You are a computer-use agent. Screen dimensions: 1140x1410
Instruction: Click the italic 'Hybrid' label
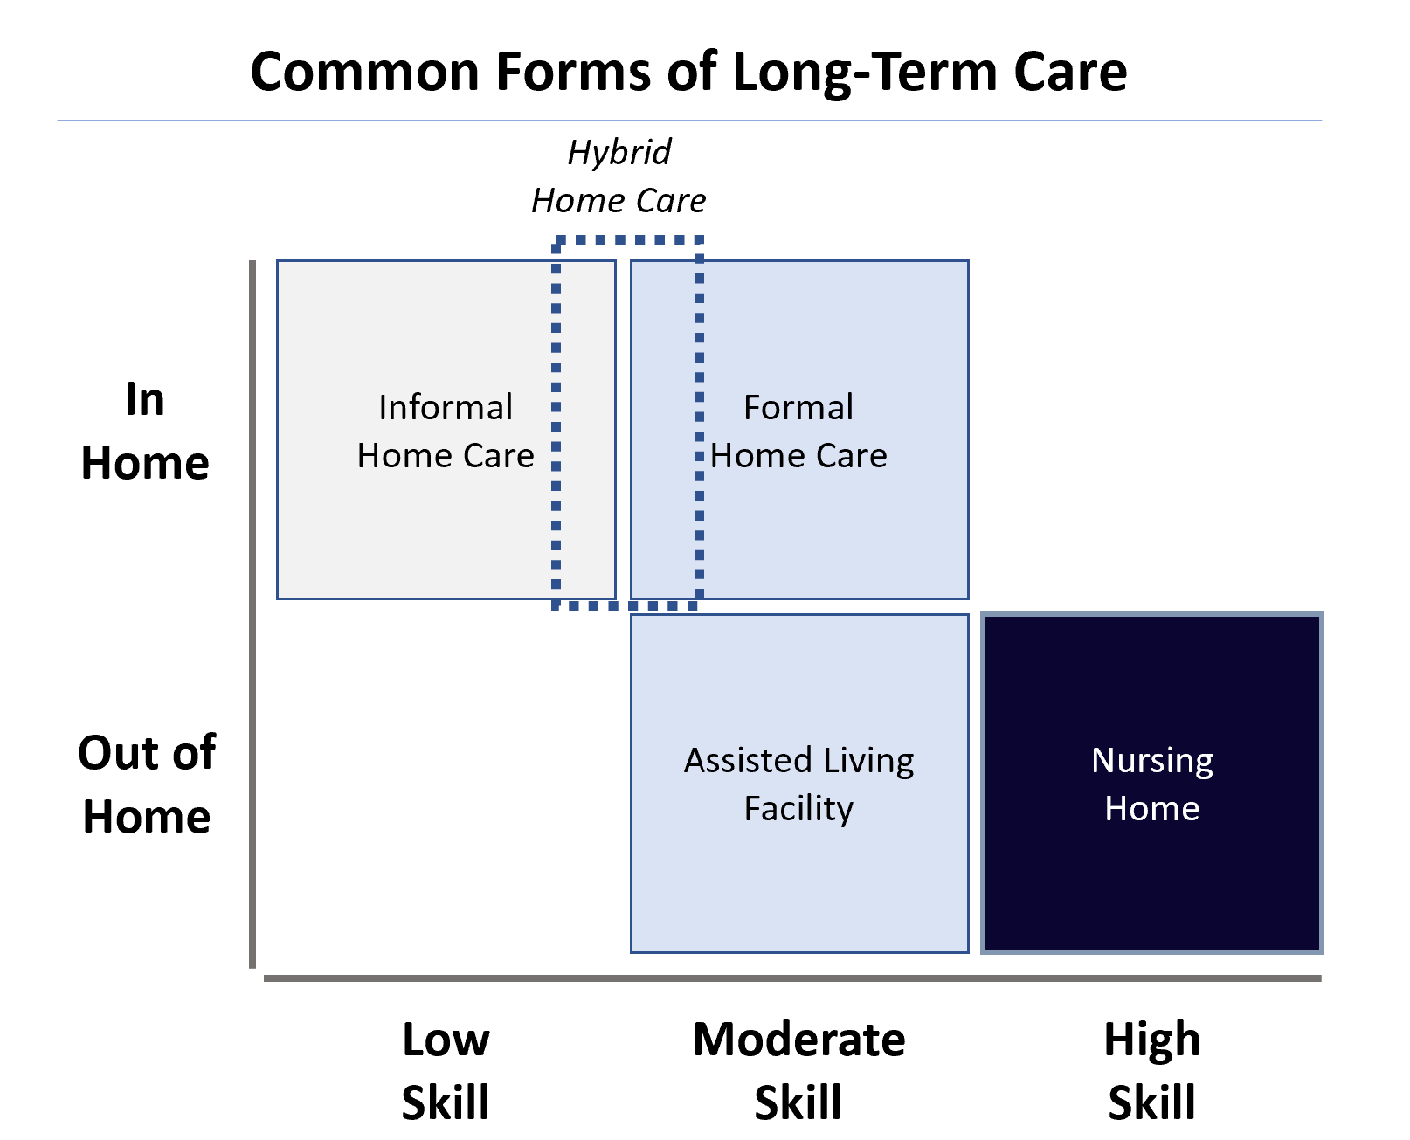619,152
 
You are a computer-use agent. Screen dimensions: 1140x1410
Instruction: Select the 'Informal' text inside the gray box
445,407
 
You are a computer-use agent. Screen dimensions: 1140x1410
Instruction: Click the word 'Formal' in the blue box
798,407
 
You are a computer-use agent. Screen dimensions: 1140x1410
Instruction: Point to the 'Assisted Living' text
798,760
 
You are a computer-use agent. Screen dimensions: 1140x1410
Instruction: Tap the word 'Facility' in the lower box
798,808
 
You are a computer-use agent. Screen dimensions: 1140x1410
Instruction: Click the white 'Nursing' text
1151,760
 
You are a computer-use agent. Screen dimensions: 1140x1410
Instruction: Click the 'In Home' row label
145,432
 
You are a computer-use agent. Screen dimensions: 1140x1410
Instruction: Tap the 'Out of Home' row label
147,784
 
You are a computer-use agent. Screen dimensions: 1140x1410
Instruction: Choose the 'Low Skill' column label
446,1070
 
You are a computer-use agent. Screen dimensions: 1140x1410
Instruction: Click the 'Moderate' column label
798,1040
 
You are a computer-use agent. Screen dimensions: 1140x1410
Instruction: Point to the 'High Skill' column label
1151,1070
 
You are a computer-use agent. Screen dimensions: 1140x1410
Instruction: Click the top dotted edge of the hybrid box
628,239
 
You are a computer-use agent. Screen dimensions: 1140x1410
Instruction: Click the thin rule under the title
689,120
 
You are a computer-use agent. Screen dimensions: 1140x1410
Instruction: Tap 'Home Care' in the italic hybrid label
619,201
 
